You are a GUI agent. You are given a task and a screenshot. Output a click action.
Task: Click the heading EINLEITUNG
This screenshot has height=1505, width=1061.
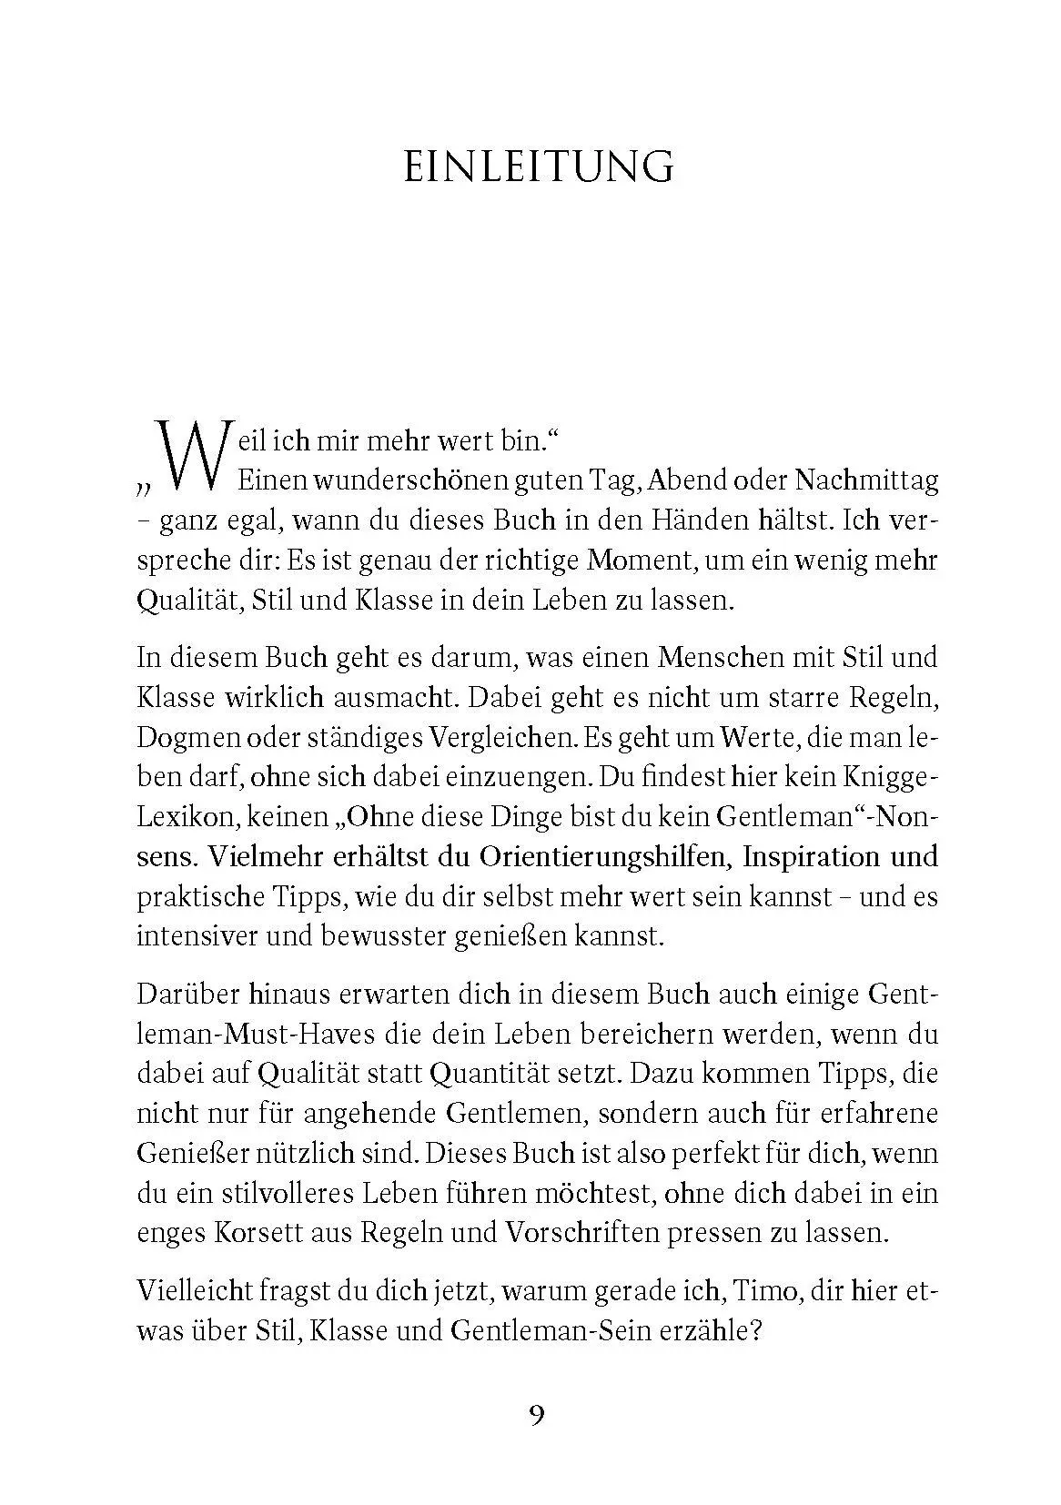click(x=539, y=167)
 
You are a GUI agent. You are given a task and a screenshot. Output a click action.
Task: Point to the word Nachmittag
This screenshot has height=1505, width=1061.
click(x=866, y=480)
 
